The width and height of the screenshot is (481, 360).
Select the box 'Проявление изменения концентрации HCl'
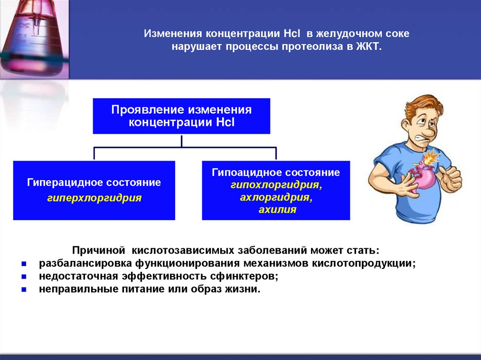coord(181,116)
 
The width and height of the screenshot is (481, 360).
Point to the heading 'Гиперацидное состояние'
coord(94,182)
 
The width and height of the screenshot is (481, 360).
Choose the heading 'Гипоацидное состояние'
coord(276,172)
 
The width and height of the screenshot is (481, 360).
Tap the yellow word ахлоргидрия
coord(276,198)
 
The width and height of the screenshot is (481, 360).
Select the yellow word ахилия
coord(277,210)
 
